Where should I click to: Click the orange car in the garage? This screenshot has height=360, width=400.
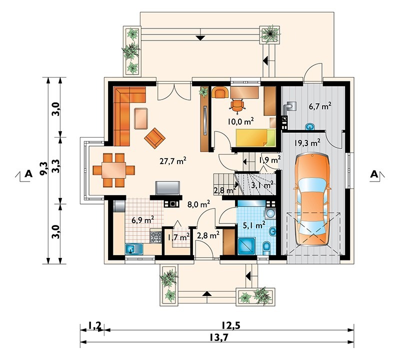coord(311,200)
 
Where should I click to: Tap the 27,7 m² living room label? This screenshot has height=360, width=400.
coord(173,161)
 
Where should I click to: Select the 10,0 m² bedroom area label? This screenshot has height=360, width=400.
coord(241,121)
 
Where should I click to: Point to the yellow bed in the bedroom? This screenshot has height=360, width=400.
coord(255,138)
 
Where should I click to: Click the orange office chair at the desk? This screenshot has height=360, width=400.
coord(237,105)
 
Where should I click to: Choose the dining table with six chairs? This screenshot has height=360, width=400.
coord(114,170)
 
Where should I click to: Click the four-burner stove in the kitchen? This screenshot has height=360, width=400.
coord(155,237)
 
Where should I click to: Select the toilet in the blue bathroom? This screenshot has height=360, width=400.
coord(266,248)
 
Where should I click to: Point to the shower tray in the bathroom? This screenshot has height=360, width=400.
coord(246,246)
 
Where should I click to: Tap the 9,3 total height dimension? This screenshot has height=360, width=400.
coord(43,168)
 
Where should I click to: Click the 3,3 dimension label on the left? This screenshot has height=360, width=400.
coord(55,166)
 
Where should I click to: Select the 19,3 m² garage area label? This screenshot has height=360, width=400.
coord(307,143)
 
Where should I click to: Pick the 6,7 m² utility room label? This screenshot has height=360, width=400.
coord(320,106)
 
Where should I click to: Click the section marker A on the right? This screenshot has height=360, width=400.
coord(374,174)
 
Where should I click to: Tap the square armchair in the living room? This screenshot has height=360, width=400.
coord(154,138)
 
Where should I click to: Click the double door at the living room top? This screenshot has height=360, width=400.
coord(174,91)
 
